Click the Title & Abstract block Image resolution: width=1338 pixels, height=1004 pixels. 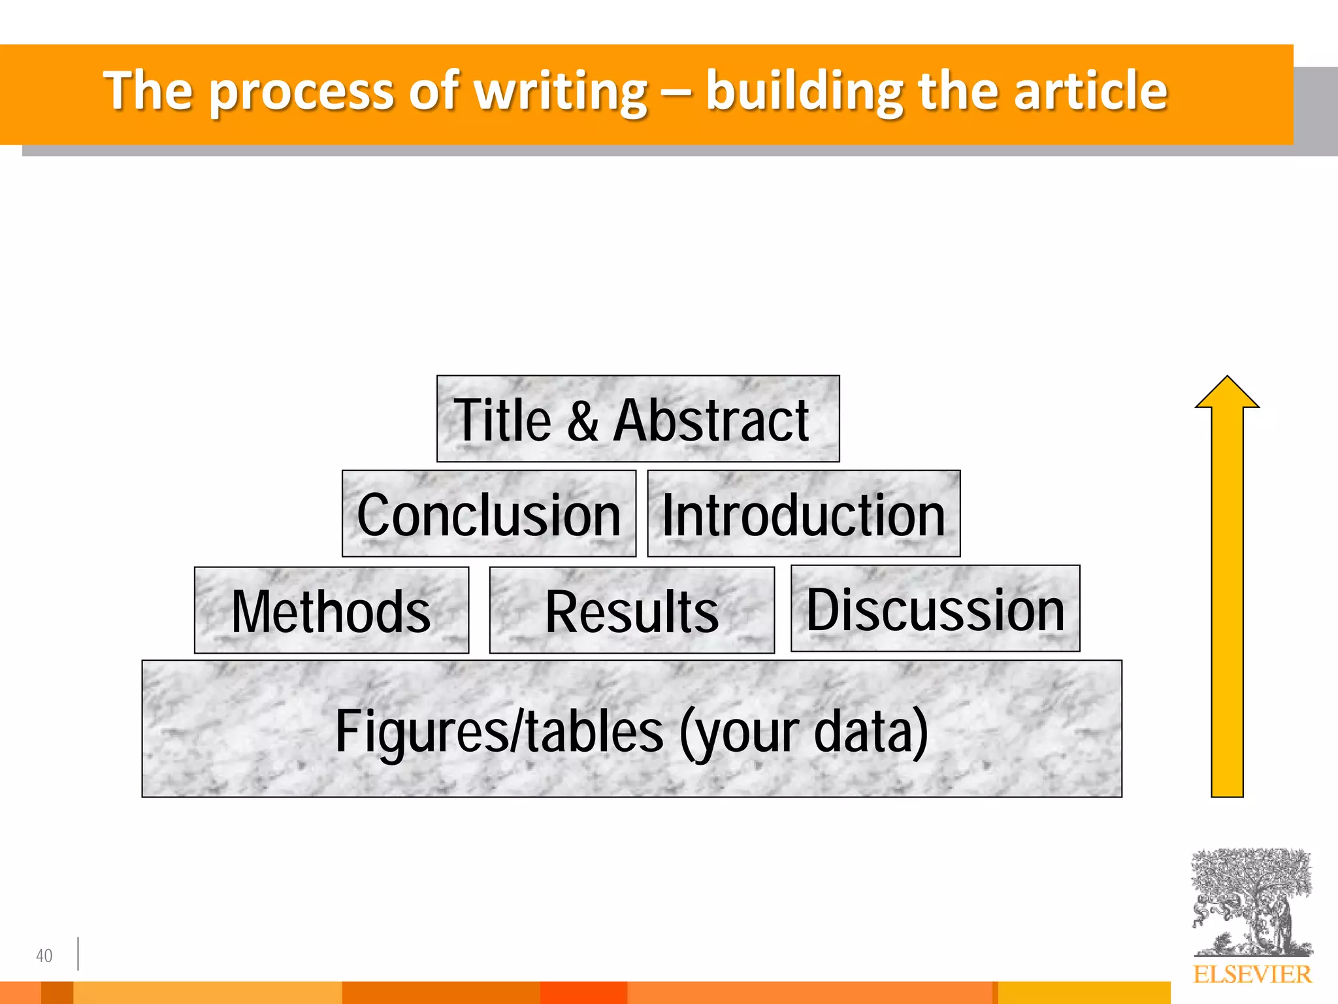(638, 419)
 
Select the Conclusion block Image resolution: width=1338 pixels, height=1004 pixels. (489, 514)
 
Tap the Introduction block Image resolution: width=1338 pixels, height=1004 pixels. (804, 514)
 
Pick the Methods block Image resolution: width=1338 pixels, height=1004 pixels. (331, 611)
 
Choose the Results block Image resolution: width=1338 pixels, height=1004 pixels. (632, 611)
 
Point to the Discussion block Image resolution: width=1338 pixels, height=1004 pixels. (935, 609)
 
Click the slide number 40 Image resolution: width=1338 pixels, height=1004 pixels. (44, 956)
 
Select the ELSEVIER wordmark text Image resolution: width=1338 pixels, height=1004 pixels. (1252, 975)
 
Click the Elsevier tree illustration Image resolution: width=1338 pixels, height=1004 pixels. (1252, 902)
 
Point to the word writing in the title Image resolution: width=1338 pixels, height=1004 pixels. (561, 92)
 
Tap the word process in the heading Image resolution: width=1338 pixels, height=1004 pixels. (302, 92)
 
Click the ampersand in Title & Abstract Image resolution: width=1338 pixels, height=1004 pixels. (582, 420)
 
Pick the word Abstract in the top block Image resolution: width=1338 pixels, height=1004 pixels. (711, 420)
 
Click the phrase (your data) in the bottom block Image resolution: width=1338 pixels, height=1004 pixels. (804, 732)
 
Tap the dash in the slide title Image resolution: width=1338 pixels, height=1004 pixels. (677, 92)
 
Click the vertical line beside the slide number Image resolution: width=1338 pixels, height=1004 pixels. (78, 954)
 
